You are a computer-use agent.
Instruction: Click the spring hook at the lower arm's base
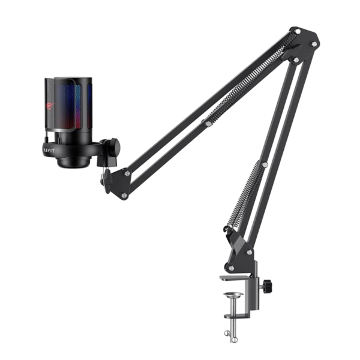click(x=227, y=229)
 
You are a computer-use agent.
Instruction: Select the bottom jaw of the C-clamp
click(x=237, y=316)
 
